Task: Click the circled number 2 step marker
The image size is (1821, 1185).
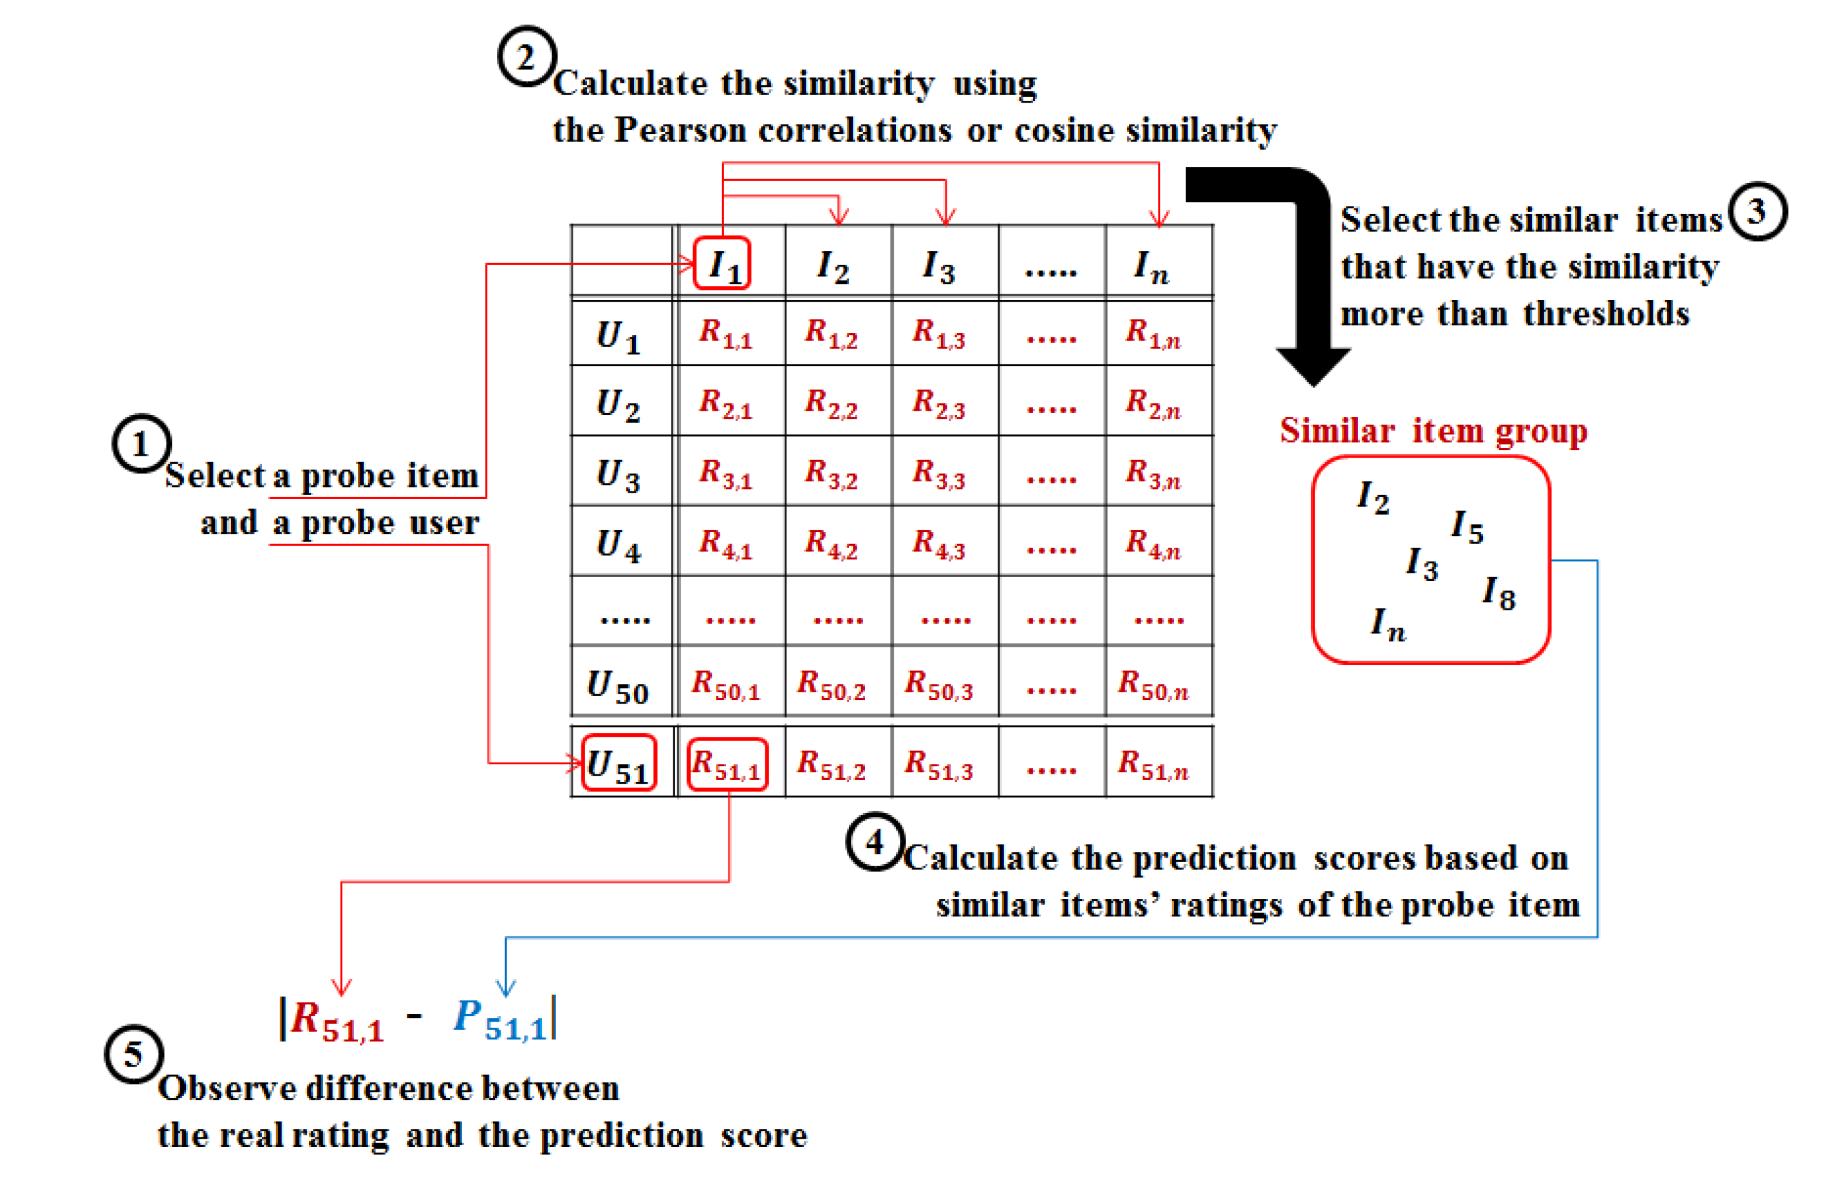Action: coord(526,56)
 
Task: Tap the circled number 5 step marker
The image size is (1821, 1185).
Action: coord(133,1054)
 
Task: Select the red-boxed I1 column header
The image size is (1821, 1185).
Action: coord(722,264)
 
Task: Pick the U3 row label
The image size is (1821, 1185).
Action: coord(618,474)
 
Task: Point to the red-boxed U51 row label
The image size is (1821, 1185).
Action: coord(619,763)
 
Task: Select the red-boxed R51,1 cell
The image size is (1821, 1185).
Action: coord(727,764)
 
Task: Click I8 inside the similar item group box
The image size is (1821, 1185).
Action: coord(1498,592)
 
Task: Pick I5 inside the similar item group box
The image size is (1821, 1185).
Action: coord(1467,526)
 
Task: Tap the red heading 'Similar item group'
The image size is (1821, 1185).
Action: coord(1433,430)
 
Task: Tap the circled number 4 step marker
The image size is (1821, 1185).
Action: coord(875,842)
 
